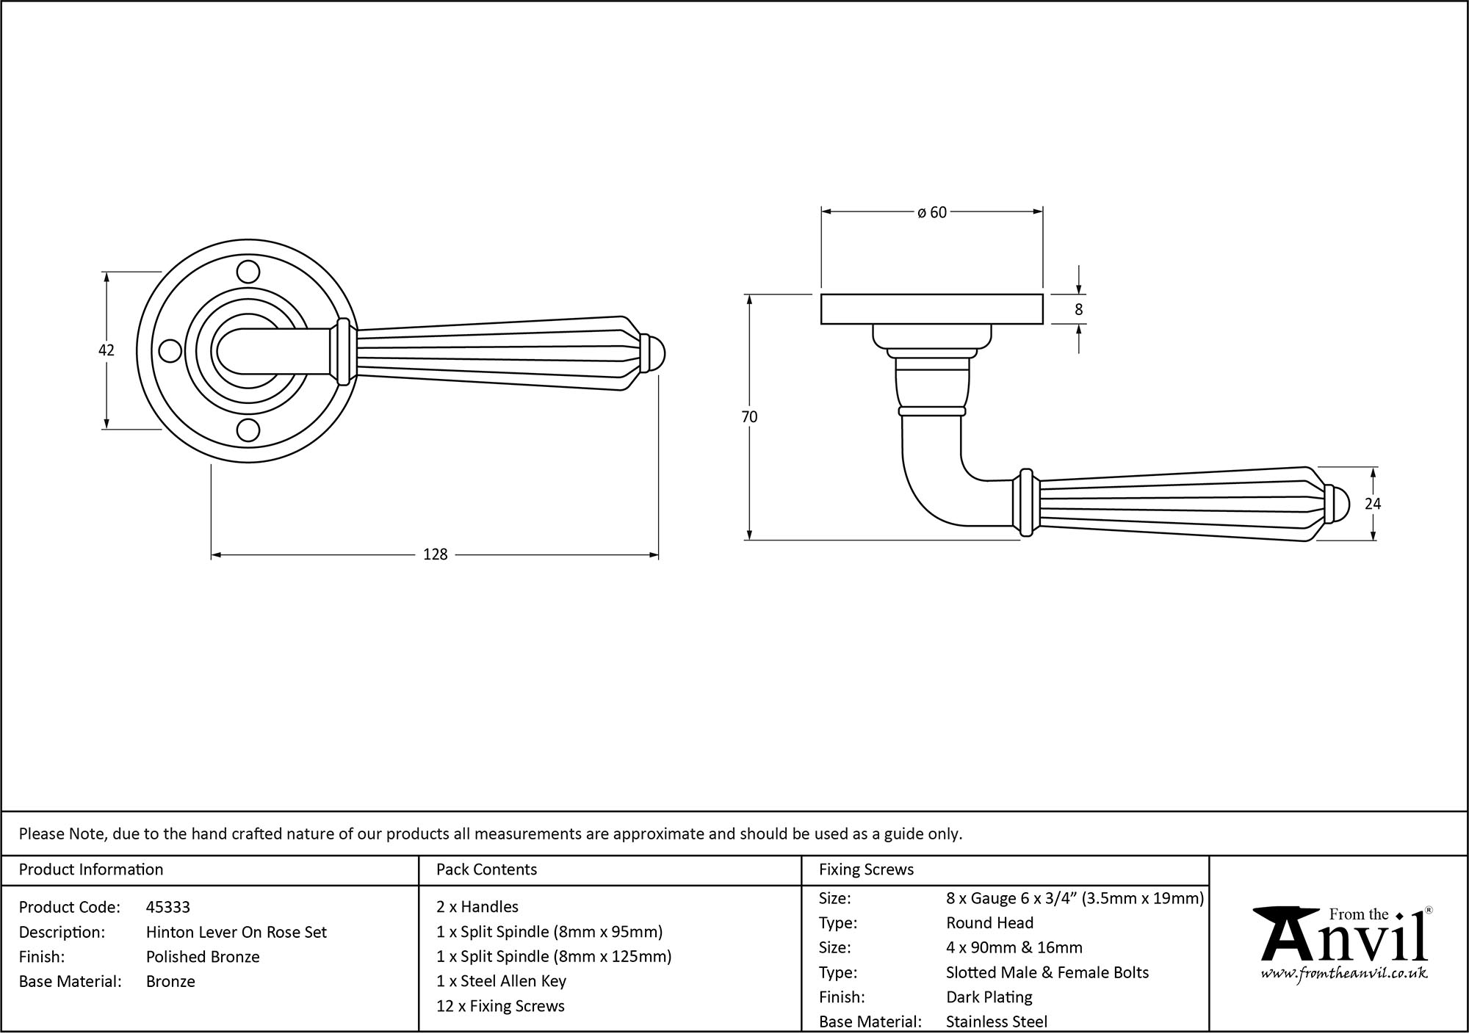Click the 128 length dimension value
point(436,554)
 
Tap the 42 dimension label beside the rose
point(107,350)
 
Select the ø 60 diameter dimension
point(932,212)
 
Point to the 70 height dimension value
point(749,417)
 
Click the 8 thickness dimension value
point(1078,310)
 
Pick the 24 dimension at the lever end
point(1372,504)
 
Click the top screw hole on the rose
point(249,272)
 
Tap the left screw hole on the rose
point(170,351)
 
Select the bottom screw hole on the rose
point(249,430)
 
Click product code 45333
point(168,907)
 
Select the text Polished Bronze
point(203,956)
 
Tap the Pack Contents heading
point(486,869)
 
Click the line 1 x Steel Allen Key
point(501,981)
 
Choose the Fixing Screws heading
point(866,869)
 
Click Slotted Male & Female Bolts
point(1047,972)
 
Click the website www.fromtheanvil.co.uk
point(1343,974)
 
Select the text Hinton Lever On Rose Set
point(237,932)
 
